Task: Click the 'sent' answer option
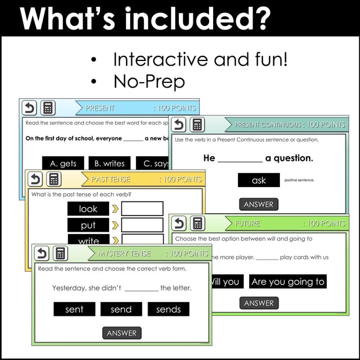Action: click(74, 309)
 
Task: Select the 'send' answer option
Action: click(121, 309)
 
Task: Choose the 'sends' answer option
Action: click(168, 309)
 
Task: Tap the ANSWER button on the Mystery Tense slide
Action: click(122, 333)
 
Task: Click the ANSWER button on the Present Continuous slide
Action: click(259, 204)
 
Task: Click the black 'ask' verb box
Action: click(259, 181)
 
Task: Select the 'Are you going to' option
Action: click(288, 282)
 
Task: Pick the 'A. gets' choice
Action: click(63, 164)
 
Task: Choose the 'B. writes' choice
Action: click(110, 164)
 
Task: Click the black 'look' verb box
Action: click(88, 208)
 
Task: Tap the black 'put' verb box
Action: click(88, 225)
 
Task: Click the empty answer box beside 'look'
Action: click(142, 208)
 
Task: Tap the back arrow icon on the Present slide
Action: click(29, 108)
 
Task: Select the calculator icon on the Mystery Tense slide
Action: click(61, 253)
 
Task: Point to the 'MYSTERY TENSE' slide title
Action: click(124, 254)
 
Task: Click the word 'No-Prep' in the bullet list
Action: click(149, 81)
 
